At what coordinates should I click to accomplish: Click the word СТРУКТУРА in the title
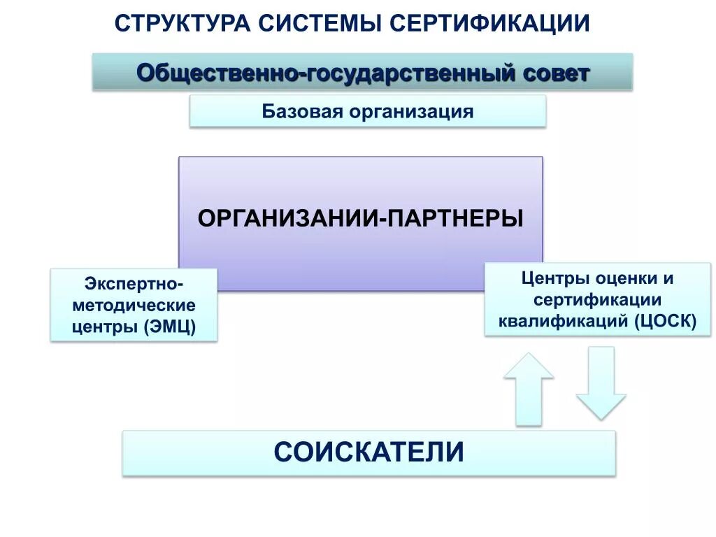coord(184,23)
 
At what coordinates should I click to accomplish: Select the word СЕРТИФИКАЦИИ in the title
coord(490,23)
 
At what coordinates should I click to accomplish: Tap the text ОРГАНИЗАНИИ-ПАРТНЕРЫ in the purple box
coord(360,218)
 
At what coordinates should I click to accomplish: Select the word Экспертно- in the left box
coord(134,285)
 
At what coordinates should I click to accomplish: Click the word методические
coord(134,306)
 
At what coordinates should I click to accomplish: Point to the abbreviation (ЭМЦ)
coord(171,327)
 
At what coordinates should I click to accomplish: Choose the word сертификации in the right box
coord(597,299)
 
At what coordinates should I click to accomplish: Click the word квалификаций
coord(563,321)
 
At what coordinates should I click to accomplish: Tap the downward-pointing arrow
coord(601,382)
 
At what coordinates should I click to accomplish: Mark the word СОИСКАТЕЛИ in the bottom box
coord(368,452)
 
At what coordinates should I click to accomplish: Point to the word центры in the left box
coord(104,327)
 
